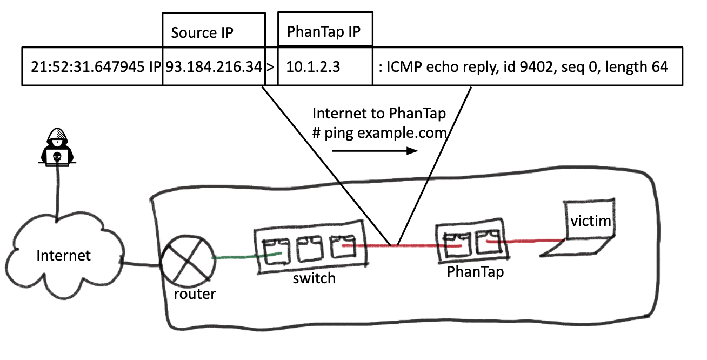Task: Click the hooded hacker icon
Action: (57, 145)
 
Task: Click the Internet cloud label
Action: (64, 255)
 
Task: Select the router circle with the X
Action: (185, 265)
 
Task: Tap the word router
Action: (195, 294)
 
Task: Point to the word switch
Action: (314, 278)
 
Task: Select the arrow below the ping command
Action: (374, 152)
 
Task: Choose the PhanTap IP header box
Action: (324, 30)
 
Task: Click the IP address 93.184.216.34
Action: (214, 67)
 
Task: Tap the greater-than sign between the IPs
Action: (271, 68)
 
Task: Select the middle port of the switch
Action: (310, 248)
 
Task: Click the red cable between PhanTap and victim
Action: (530, 241)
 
